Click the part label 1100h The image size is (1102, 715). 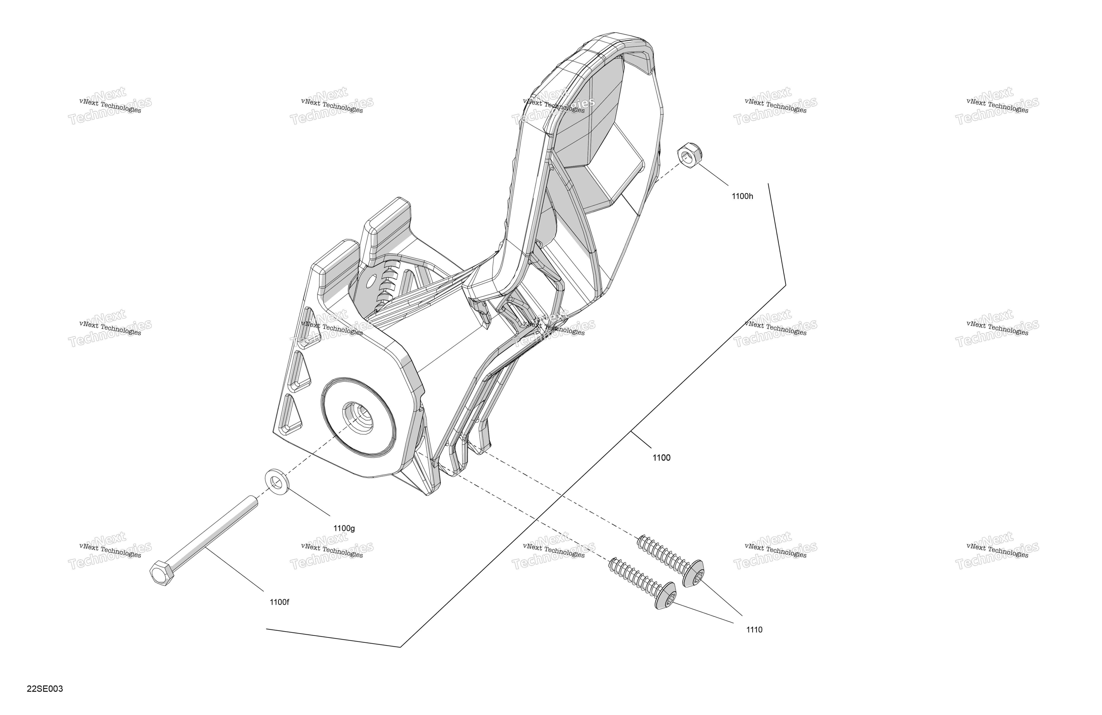(742, 196)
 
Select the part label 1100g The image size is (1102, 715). (344, 528)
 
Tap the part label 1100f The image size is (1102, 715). (279, 602)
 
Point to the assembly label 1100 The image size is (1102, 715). (661, 458)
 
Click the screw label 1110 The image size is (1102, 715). (754, 630)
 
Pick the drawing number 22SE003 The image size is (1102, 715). (45, 689)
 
